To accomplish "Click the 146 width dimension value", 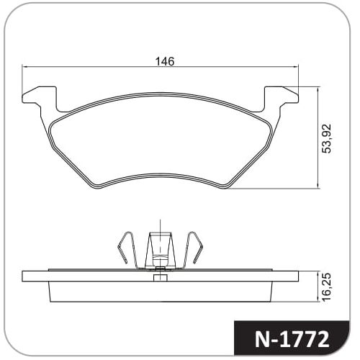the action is [165, 61].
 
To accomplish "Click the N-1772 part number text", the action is [292, 340].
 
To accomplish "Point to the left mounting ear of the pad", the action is [40, 99].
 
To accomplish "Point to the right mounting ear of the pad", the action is [282, 99].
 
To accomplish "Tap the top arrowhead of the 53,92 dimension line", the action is [318, 90].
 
